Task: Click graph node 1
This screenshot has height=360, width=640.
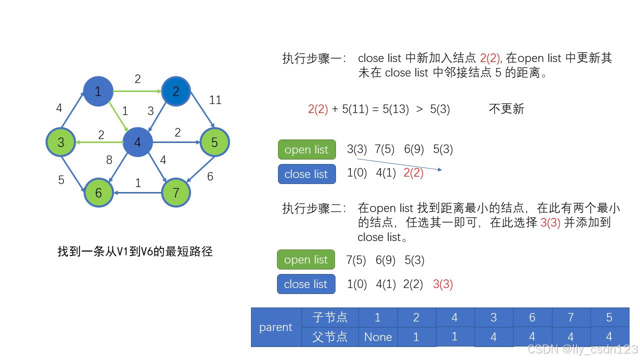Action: coord(98,91)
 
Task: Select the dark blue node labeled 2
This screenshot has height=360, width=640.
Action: coord(175,91)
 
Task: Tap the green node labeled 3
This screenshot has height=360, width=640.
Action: coord(60,142)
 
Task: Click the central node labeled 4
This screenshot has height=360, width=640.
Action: coord(137,142)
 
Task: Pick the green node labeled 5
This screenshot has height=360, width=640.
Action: coord(214,142)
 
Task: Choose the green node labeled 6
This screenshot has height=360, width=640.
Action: coord(98,192)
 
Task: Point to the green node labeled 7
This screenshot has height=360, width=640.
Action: coord(175,192)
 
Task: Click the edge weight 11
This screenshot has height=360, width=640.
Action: coord(215,100)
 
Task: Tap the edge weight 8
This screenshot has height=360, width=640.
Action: coord(109,160)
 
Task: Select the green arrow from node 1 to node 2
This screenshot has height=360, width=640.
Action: coord(137,91)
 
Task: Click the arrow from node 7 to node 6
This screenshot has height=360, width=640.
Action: coord(137,193)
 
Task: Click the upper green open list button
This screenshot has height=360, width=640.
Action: coord(307,149)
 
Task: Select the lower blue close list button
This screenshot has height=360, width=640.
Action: coord(306,284)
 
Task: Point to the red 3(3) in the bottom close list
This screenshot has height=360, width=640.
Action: coord(443,284)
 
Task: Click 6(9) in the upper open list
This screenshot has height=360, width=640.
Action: coord(414,149)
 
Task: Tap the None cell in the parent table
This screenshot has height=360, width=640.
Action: coord(378,337)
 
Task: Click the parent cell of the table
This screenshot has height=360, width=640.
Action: coord(276,327)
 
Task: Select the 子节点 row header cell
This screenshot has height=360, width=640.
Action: coord(330,317)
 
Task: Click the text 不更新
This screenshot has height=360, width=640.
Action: coord(506,109)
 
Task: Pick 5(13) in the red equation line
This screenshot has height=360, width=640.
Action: coord(395,109)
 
